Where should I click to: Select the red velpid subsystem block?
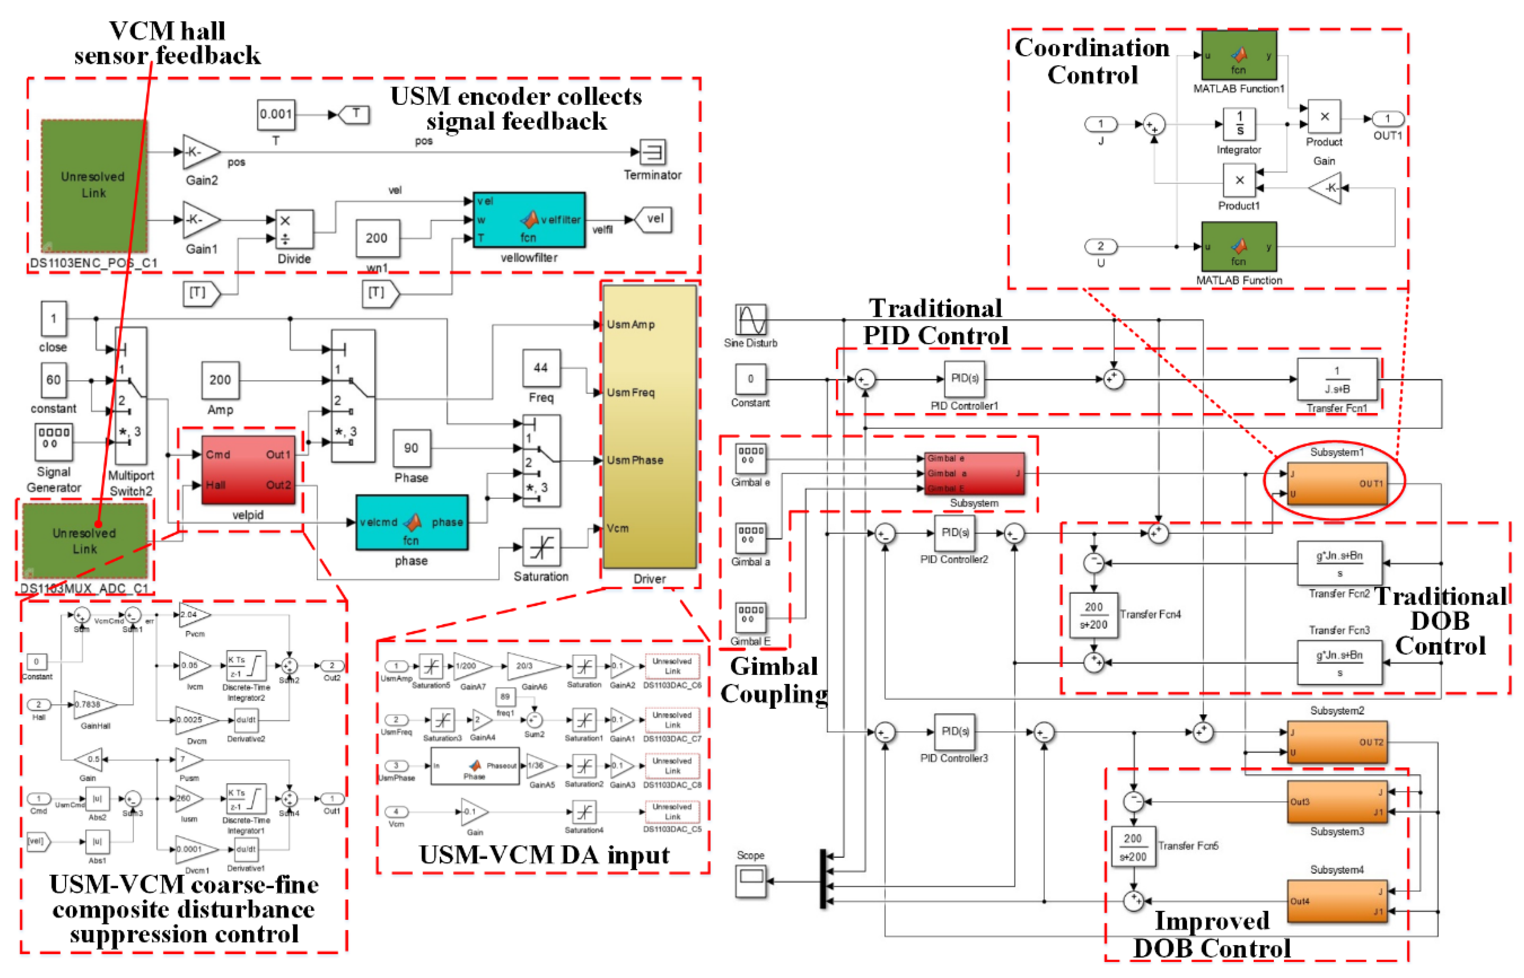[248, 470]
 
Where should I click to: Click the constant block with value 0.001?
[275, 115]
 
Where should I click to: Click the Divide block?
[294, 229]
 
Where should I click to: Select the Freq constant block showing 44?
[541, 368]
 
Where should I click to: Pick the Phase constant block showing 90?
[411, 448]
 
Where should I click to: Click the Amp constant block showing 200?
[220, 380]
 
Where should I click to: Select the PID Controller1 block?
[964, 379]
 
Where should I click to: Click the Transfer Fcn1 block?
[1337, 380]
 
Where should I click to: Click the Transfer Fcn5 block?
[1133, 847]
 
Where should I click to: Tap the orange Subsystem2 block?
[1337, 742]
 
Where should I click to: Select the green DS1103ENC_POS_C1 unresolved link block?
[93, 186]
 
